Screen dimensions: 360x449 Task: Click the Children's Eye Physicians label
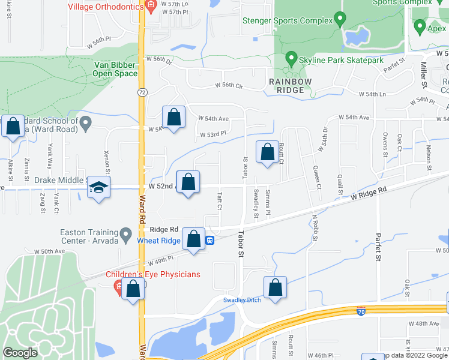tap(153, 275)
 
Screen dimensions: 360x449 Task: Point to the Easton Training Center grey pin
tap(126, 234)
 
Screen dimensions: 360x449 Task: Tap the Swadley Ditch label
tap(242, 300)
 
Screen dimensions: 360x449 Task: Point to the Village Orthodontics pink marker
tap(151, 8)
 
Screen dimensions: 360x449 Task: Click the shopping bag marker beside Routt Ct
tap(267, 152)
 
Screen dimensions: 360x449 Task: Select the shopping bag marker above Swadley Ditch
tap(275, 287)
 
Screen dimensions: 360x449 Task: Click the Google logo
tap(20, 353)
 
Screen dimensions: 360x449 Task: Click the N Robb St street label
tap(314, 228)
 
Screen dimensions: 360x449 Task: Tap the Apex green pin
tap(418, 27)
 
